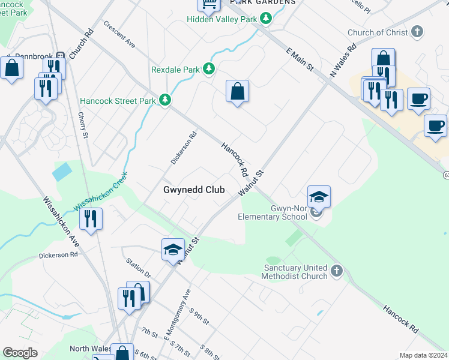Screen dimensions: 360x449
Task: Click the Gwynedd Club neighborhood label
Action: (x=194, y=190)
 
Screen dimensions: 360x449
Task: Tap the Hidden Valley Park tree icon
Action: (x=265, y=19)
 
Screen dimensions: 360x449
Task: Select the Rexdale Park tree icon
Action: (x=208, y=70)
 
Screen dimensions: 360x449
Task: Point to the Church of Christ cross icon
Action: (x=417, y=32)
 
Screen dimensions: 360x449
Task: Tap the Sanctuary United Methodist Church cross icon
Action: (x=336, y=272)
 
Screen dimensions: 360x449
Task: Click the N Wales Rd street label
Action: (x=343, y=61)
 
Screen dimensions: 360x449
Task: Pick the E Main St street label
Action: (x=300, y=62)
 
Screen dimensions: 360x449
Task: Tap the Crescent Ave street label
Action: (x=119, y=34)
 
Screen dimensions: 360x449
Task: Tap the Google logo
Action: (x=20, y=353)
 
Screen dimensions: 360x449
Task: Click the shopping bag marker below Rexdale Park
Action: (x=238, y=92)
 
